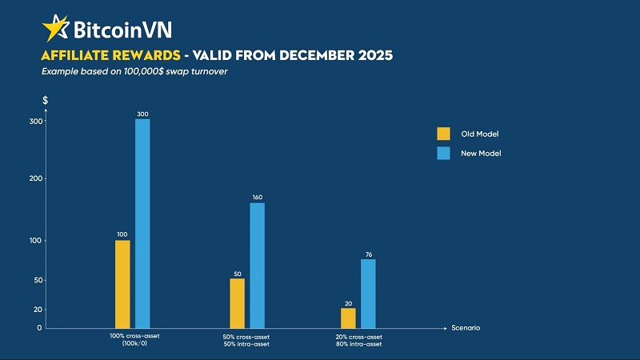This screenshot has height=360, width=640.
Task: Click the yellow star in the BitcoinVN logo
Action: click(x=56, y=28)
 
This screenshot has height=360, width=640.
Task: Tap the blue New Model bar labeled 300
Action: click(x=142, y=223)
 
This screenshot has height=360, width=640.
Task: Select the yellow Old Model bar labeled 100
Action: click(x=122, y=284)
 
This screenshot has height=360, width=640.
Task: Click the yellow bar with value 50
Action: click(x=237, y=303)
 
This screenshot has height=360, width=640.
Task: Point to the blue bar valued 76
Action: click(x=368, y=294)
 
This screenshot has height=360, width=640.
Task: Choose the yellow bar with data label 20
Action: click(x=348, y=318)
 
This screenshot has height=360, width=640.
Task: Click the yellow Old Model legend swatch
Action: click(x=443, y=134)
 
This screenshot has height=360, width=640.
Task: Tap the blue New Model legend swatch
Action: click(x=443, y=153)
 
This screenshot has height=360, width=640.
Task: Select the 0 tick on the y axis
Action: click(x=38, y=328)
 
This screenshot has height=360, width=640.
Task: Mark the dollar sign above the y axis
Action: click(x=46, y=101)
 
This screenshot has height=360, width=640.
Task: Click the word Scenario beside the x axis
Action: click(x=466, y=328)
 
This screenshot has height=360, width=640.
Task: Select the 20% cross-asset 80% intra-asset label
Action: click(x=358, y=340)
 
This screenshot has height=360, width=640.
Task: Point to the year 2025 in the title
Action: click(x=371, y=56)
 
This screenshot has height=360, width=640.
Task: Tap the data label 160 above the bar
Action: click(x=258, y=197)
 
